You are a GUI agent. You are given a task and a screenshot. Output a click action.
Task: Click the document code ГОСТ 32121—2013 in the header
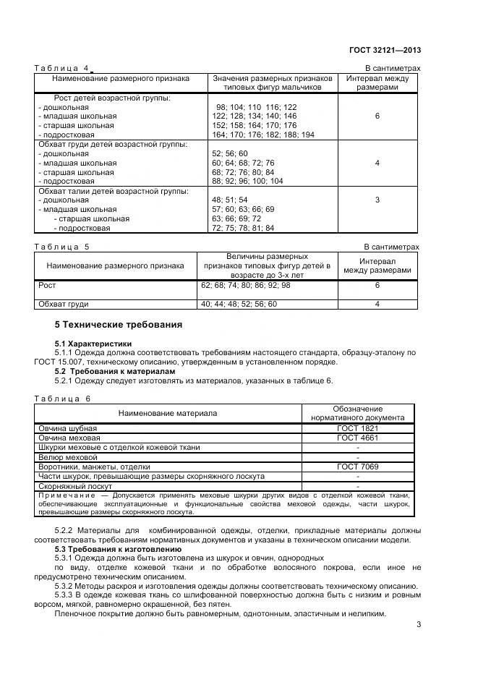tap(383, 50)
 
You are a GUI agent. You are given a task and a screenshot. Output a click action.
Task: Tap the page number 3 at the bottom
tap(417, 625)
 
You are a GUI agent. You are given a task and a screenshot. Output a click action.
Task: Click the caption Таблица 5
tap(62, 247)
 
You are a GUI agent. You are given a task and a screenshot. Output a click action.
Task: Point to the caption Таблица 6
tap(62, 399)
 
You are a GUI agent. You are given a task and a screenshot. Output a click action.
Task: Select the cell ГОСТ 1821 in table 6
tap(358, 428)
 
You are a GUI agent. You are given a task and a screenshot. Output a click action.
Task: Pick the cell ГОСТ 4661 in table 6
tap(358, 438)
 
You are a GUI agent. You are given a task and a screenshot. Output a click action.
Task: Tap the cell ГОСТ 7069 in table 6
tap(358, 467)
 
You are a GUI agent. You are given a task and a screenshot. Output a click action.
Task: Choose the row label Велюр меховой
tap(67, 457)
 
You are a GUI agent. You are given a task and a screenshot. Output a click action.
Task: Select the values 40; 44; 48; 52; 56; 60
tap(239, 305)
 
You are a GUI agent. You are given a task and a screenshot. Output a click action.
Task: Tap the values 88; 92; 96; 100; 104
tap(247, 182)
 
